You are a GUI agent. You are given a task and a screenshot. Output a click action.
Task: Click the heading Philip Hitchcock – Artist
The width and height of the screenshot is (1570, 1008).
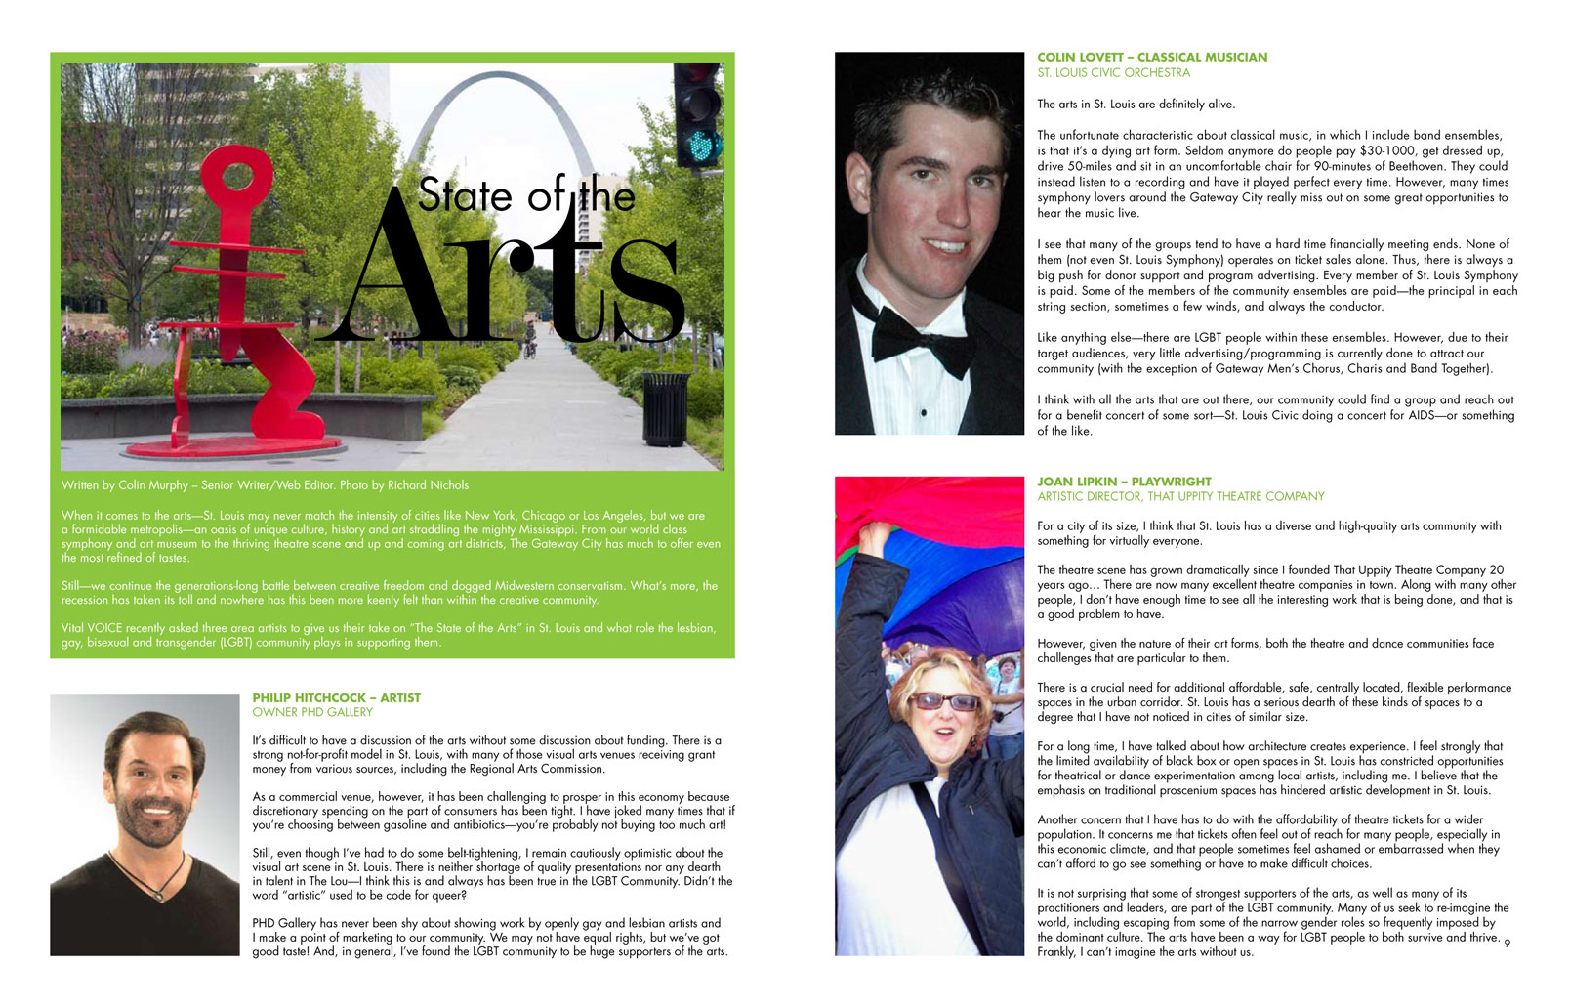336,697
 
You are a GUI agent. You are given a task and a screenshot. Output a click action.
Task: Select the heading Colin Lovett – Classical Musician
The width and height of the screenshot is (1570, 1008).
1152,57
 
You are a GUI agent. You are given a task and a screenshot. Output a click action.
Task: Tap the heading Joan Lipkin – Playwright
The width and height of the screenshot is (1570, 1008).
1124,482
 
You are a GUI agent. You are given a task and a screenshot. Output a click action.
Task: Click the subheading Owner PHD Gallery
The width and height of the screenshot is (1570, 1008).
312,712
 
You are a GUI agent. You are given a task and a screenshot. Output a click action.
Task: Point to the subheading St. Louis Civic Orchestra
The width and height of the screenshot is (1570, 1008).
1113,72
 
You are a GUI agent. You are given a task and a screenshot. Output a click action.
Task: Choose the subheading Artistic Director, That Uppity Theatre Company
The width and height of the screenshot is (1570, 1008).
1180,496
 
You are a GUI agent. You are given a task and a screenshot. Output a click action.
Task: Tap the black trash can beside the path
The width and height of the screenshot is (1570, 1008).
665,409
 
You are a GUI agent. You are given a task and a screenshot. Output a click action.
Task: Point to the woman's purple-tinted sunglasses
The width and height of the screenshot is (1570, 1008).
943,700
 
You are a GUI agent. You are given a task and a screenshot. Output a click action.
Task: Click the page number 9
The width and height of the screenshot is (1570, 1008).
1507,943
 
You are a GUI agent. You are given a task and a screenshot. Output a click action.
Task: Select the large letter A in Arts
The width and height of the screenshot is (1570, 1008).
400,273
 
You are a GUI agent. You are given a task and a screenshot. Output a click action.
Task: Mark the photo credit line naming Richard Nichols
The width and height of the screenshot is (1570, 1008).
265,484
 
